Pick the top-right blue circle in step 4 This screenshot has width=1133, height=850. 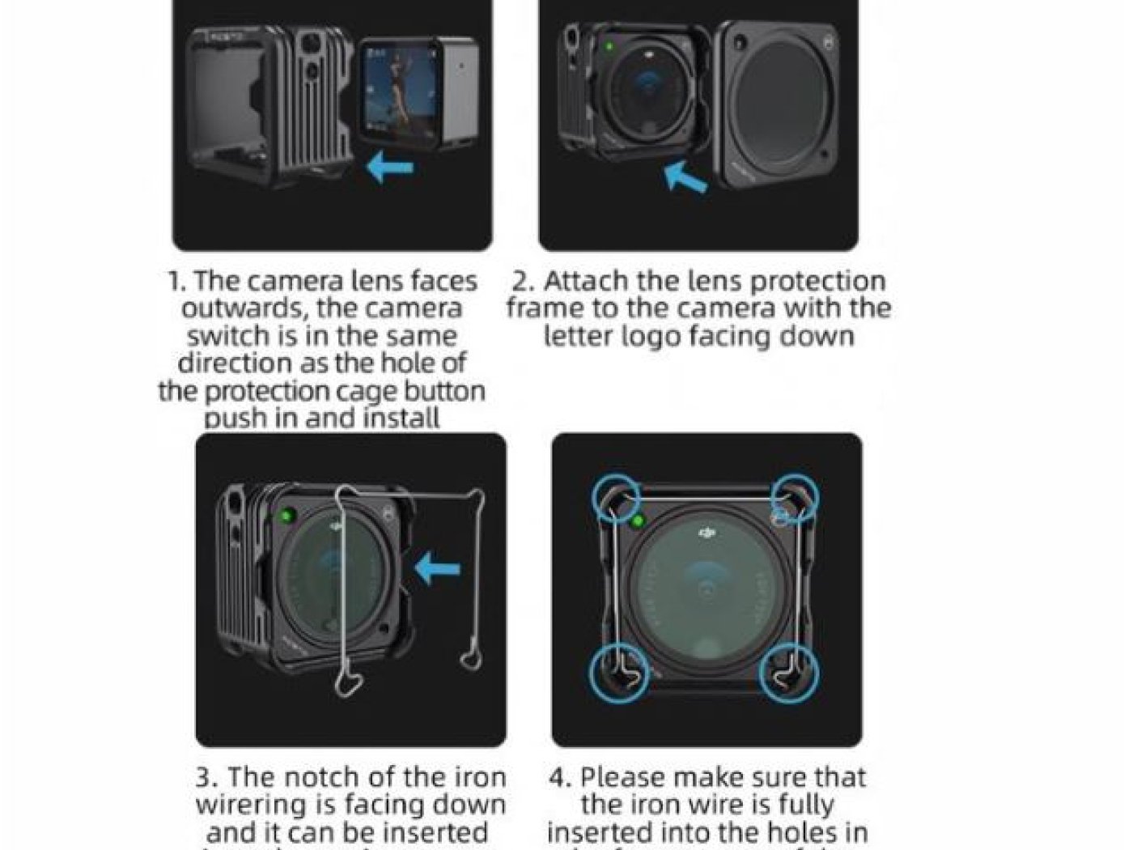click(x=793, y=495)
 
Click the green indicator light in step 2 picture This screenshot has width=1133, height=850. click(x=608, y=48)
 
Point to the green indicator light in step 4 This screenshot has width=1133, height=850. click(x=639, y=521)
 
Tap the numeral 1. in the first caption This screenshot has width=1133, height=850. click(x=177, y=282)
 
